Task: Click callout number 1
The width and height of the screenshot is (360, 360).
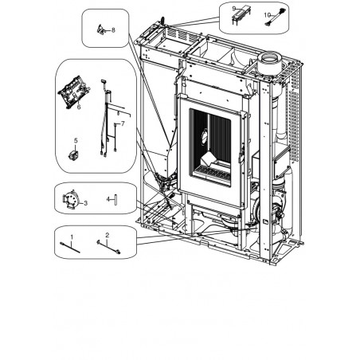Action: (72, 236)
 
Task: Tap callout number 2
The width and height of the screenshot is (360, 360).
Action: (108, 235)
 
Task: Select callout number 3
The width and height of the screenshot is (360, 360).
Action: (85, 203)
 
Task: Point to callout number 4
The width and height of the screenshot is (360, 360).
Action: (108, 199)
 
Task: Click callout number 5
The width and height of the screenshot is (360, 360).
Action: (76, 140)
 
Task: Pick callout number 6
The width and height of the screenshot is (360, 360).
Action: (79, 107)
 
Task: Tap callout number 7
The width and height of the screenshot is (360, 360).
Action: (123, 123)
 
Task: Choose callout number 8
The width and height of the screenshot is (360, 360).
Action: (113, 30)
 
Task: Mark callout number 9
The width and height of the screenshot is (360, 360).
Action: (234, 9)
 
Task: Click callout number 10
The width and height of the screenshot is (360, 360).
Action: (268, 15)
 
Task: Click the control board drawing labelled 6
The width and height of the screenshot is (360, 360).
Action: (74, 92)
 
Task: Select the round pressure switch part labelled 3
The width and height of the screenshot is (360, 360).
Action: (71, 200)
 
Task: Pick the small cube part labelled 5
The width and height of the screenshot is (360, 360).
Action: (73, 155)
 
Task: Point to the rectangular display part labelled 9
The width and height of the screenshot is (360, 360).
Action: (241, 14)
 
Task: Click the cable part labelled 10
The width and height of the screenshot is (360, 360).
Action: (275, 18)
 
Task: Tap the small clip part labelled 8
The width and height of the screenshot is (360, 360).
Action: (100, 29)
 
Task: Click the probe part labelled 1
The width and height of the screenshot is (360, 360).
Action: (70, 248)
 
